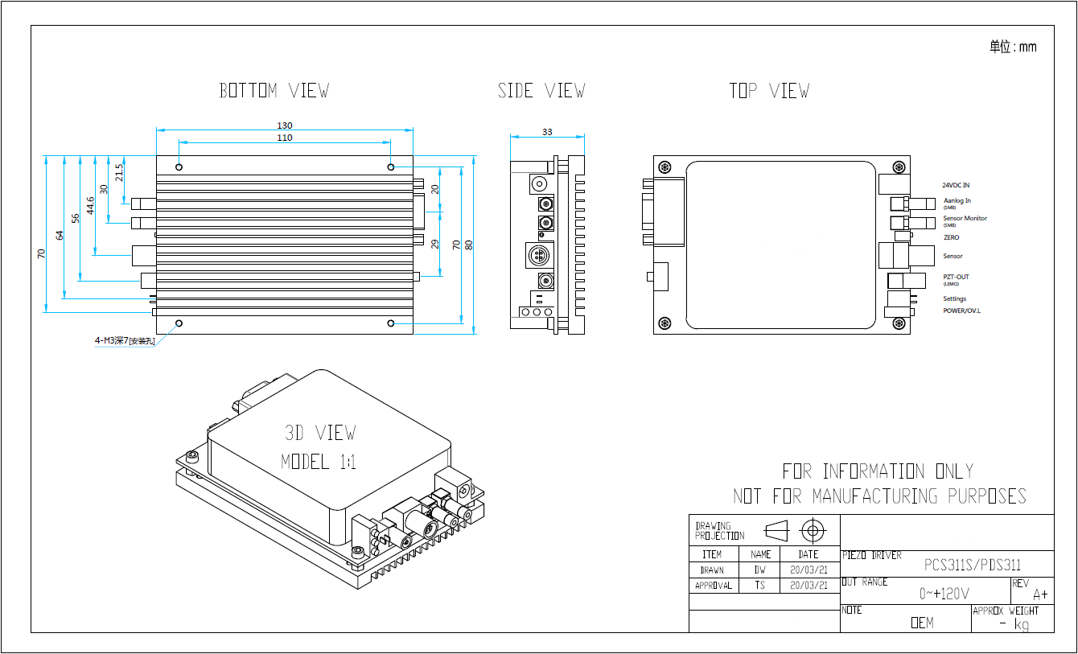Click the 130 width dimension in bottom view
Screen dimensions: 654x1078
pyautogui.click(x=285, y=125)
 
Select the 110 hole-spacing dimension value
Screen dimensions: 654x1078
pyautogui.click(x=285, y=138)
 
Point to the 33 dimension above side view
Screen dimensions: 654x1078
pyautogui.click(x=547, y=131)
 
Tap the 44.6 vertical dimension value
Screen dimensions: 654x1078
pyautogui.click(x=91, y=205)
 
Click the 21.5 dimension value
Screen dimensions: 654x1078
pyautogui.click(x=119, y=172)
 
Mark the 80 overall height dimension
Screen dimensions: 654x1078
pyautogui.click(x=469, y=245)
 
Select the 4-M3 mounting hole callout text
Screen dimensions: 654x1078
pyautogui.click(x=125, y=340)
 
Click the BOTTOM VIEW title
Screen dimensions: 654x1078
pyautogui.click(x=274, y=91)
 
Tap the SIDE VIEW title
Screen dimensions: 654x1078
pyautogui.click(x=541, y=91)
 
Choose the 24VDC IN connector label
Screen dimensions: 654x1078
pyautogui.click(x=956, y=185)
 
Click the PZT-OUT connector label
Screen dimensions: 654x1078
pyautogui.click(x=956, y=277)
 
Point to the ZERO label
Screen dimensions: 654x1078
pyautogui.click(x=951, y=237)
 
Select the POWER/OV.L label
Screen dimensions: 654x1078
pyautogui.click(x=961, y=311)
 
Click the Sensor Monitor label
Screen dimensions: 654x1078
pyautogui.click(x=965, y=218)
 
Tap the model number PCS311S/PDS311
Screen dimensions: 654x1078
pyautogui.click(x=972, y=565)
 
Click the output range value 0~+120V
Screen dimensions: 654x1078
pyautogui.click(x=944, y=594)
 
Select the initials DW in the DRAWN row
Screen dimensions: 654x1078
pyautogui.click(x=760, y=570)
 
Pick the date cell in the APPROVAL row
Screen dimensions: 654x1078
pyautogui.click(x=808, y=586)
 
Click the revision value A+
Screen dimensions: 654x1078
pyautogui.click(x=1040, y=595)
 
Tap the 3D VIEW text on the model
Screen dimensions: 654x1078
pyautogui.click(x=319, y=433)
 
